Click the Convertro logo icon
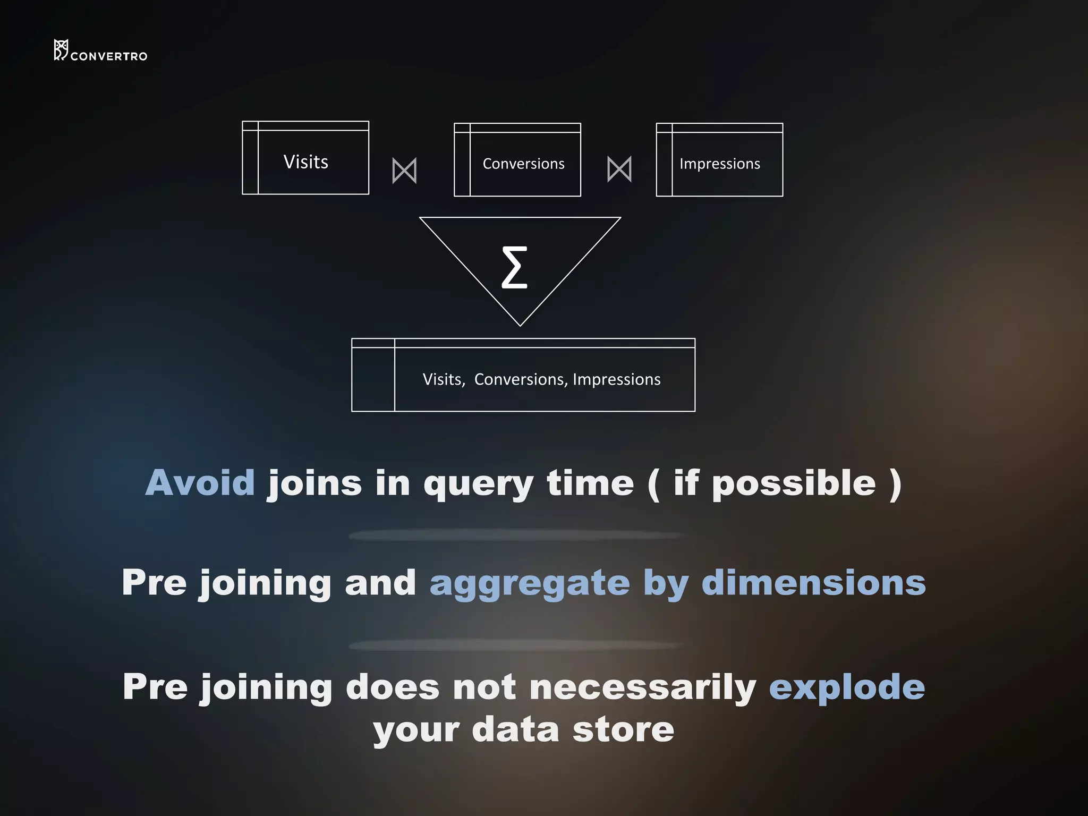[x=61, y=50]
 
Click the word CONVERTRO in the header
[x=109, y=56]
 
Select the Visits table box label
[x=305, y=162]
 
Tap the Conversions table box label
[x=523, y=164]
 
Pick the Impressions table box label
[x=719, y=164]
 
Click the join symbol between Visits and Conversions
[x=404, y=171]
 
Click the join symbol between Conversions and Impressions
[x=619, y=169]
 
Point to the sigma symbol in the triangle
[x=514, y=267]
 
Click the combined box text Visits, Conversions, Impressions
[x=541, y=379]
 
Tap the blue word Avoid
[x=200, y=483]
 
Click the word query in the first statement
[x=478, y=484]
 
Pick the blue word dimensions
[x=813, y=583]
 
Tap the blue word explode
[x=847, y=687]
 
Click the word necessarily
[x=643, y=687]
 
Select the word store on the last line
[x=623, y=729]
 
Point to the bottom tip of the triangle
[x=520, y=325]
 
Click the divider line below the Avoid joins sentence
[x=518, y=535]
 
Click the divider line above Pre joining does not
[x=518, y=645]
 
